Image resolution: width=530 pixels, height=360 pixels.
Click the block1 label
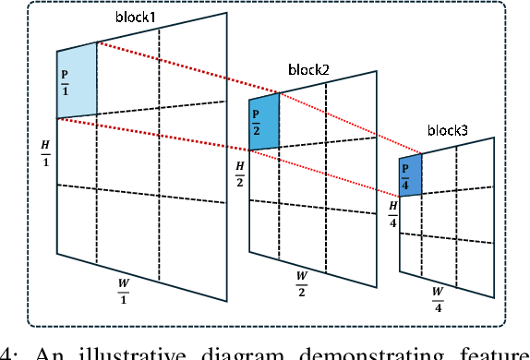click(x=137, y=18)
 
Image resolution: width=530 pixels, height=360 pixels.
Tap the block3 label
click(x=447, y=132)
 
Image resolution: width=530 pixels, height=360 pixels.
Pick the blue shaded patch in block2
click(x=264, y=121)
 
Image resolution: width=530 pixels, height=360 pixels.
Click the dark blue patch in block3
click(x=410, y=174)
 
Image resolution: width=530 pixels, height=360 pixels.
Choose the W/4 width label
click(x=438, y=294)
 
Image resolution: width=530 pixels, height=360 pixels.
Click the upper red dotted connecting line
click(x=259, y=98)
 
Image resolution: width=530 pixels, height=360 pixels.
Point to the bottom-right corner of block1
click(x=226, y=300)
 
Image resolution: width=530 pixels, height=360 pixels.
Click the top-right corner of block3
click(x=495, y=138)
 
